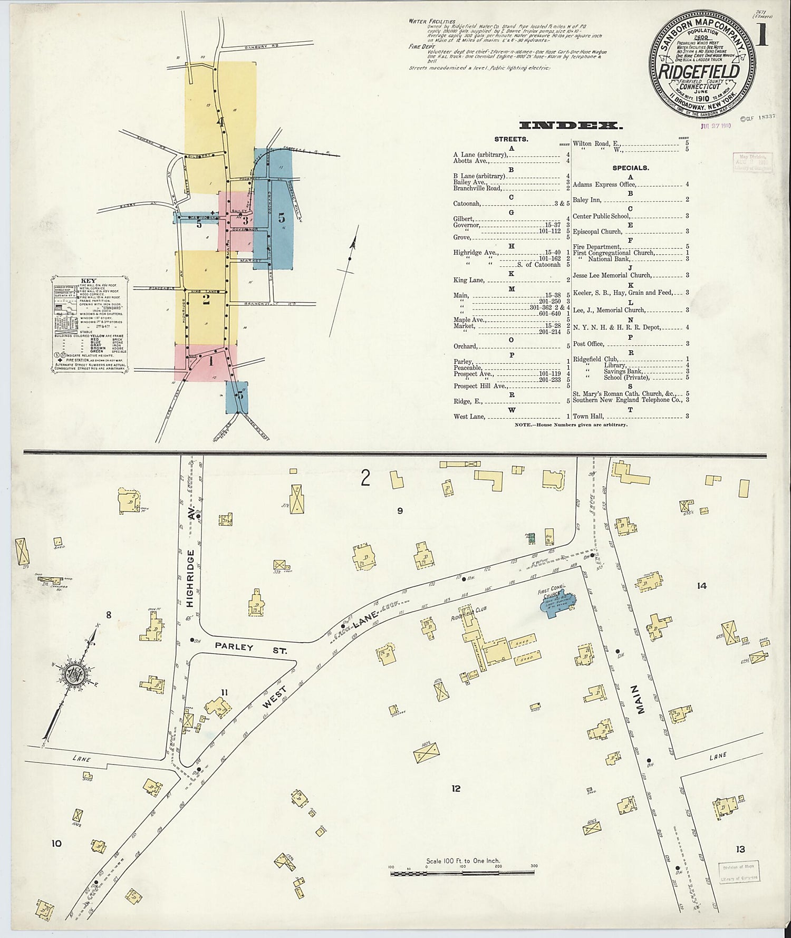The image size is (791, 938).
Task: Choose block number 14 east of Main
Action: [x=701, y=585]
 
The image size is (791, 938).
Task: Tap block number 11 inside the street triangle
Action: [x=224, y=692]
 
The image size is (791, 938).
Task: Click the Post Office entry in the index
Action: [x=588, y=344]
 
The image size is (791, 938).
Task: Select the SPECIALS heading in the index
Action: [x=630, y=168]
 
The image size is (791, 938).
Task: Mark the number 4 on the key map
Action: [x=221, y=121]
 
